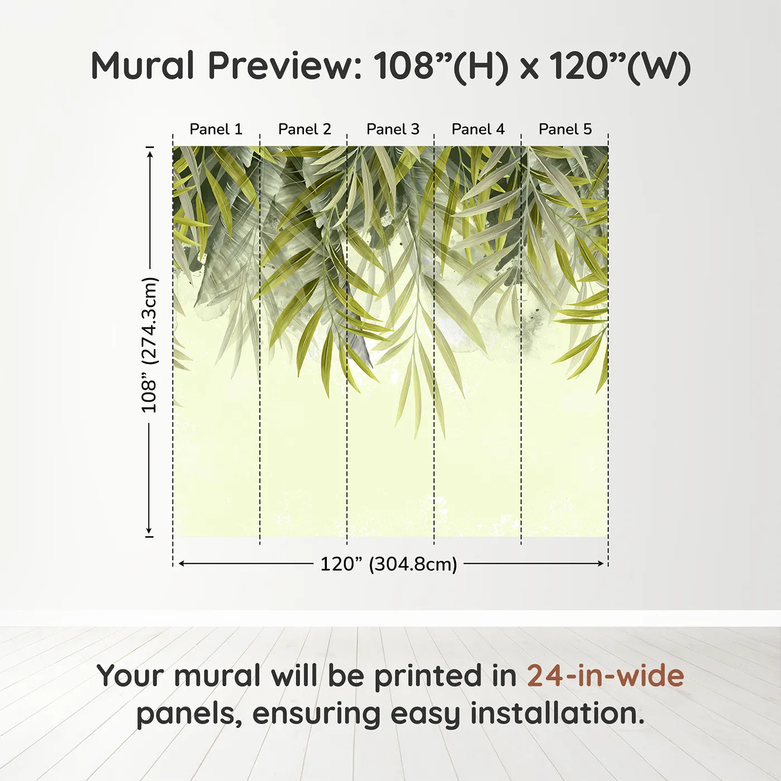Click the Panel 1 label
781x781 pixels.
(216, 129)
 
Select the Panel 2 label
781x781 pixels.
(305, 129)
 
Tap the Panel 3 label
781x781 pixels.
(393, 129)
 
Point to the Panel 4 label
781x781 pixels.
(478, 129)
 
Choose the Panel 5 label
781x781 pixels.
(565, 129)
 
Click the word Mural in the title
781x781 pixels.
(142, 65)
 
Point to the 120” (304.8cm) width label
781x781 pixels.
(389, 564)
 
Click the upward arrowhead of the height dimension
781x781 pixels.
(150, 153)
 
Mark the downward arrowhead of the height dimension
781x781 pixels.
(149, 530)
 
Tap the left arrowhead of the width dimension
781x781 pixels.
(182, 563)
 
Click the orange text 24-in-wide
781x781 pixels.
(605, 676)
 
